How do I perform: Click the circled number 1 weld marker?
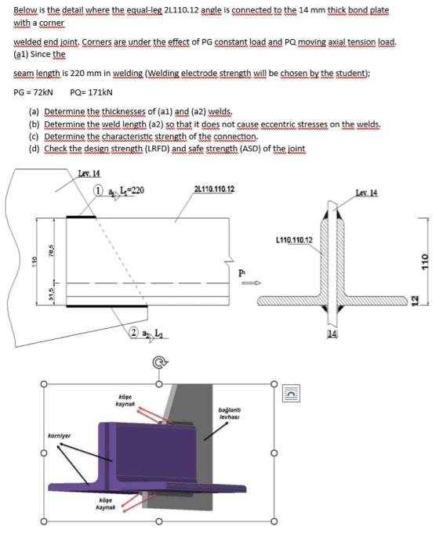pyautogui.click(x=98, y=189)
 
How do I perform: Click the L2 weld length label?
pyautogui.click(x=158, y=333)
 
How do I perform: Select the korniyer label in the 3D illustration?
pyautogui.click(x=59, y=435)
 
